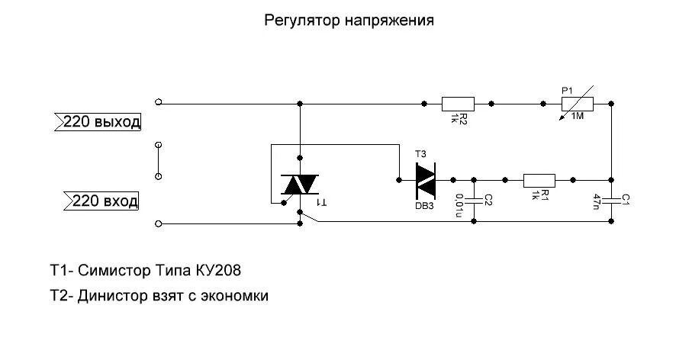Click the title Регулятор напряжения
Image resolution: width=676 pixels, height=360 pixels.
349,21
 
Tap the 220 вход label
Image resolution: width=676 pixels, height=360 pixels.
100,201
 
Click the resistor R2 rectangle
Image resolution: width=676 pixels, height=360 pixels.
458,103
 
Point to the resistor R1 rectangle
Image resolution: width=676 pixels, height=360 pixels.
539,180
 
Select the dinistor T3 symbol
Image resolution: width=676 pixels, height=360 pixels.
424,180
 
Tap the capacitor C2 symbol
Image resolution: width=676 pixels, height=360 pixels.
474,200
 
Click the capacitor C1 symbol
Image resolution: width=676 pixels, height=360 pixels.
611,200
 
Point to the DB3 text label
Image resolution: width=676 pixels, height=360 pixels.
424,205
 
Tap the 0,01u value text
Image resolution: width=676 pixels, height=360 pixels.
459,202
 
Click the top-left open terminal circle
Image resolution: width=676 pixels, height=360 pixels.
159,102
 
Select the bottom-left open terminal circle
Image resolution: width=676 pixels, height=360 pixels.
159,223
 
